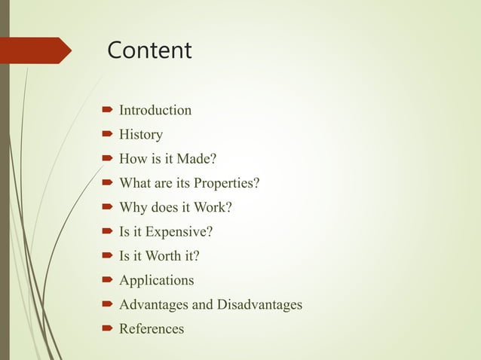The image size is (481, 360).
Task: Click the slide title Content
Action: [149, 50]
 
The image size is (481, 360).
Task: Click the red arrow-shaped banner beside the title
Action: [38, 50]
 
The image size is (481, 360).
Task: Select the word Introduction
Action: [155, 111]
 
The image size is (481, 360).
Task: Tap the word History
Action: [141, 135]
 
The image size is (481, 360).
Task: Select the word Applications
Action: [157, 281]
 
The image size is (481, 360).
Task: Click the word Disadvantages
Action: [259, 305]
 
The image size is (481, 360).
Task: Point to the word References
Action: [152, 329]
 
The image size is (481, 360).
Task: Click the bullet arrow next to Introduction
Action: [108, 111]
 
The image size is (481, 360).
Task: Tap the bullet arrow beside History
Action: [108, 135]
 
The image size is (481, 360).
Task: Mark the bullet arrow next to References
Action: [108, 329]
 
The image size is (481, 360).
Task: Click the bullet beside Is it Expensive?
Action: [108, 232]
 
